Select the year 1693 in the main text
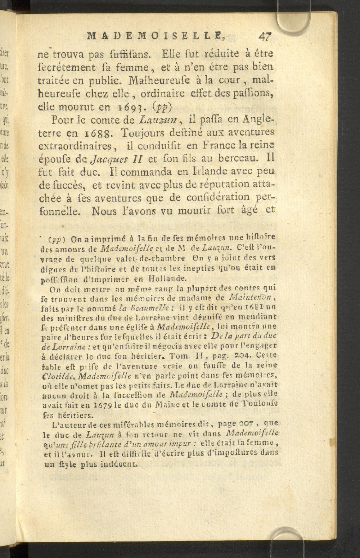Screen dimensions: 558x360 135,106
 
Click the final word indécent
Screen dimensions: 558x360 119,464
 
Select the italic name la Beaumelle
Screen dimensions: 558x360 149,308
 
